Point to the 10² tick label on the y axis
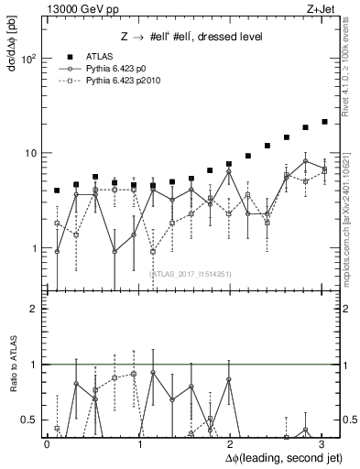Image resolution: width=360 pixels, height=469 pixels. (x=30, y=58)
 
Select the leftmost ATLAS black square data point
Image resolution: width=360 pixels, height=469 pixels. (x=57, y=191)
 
